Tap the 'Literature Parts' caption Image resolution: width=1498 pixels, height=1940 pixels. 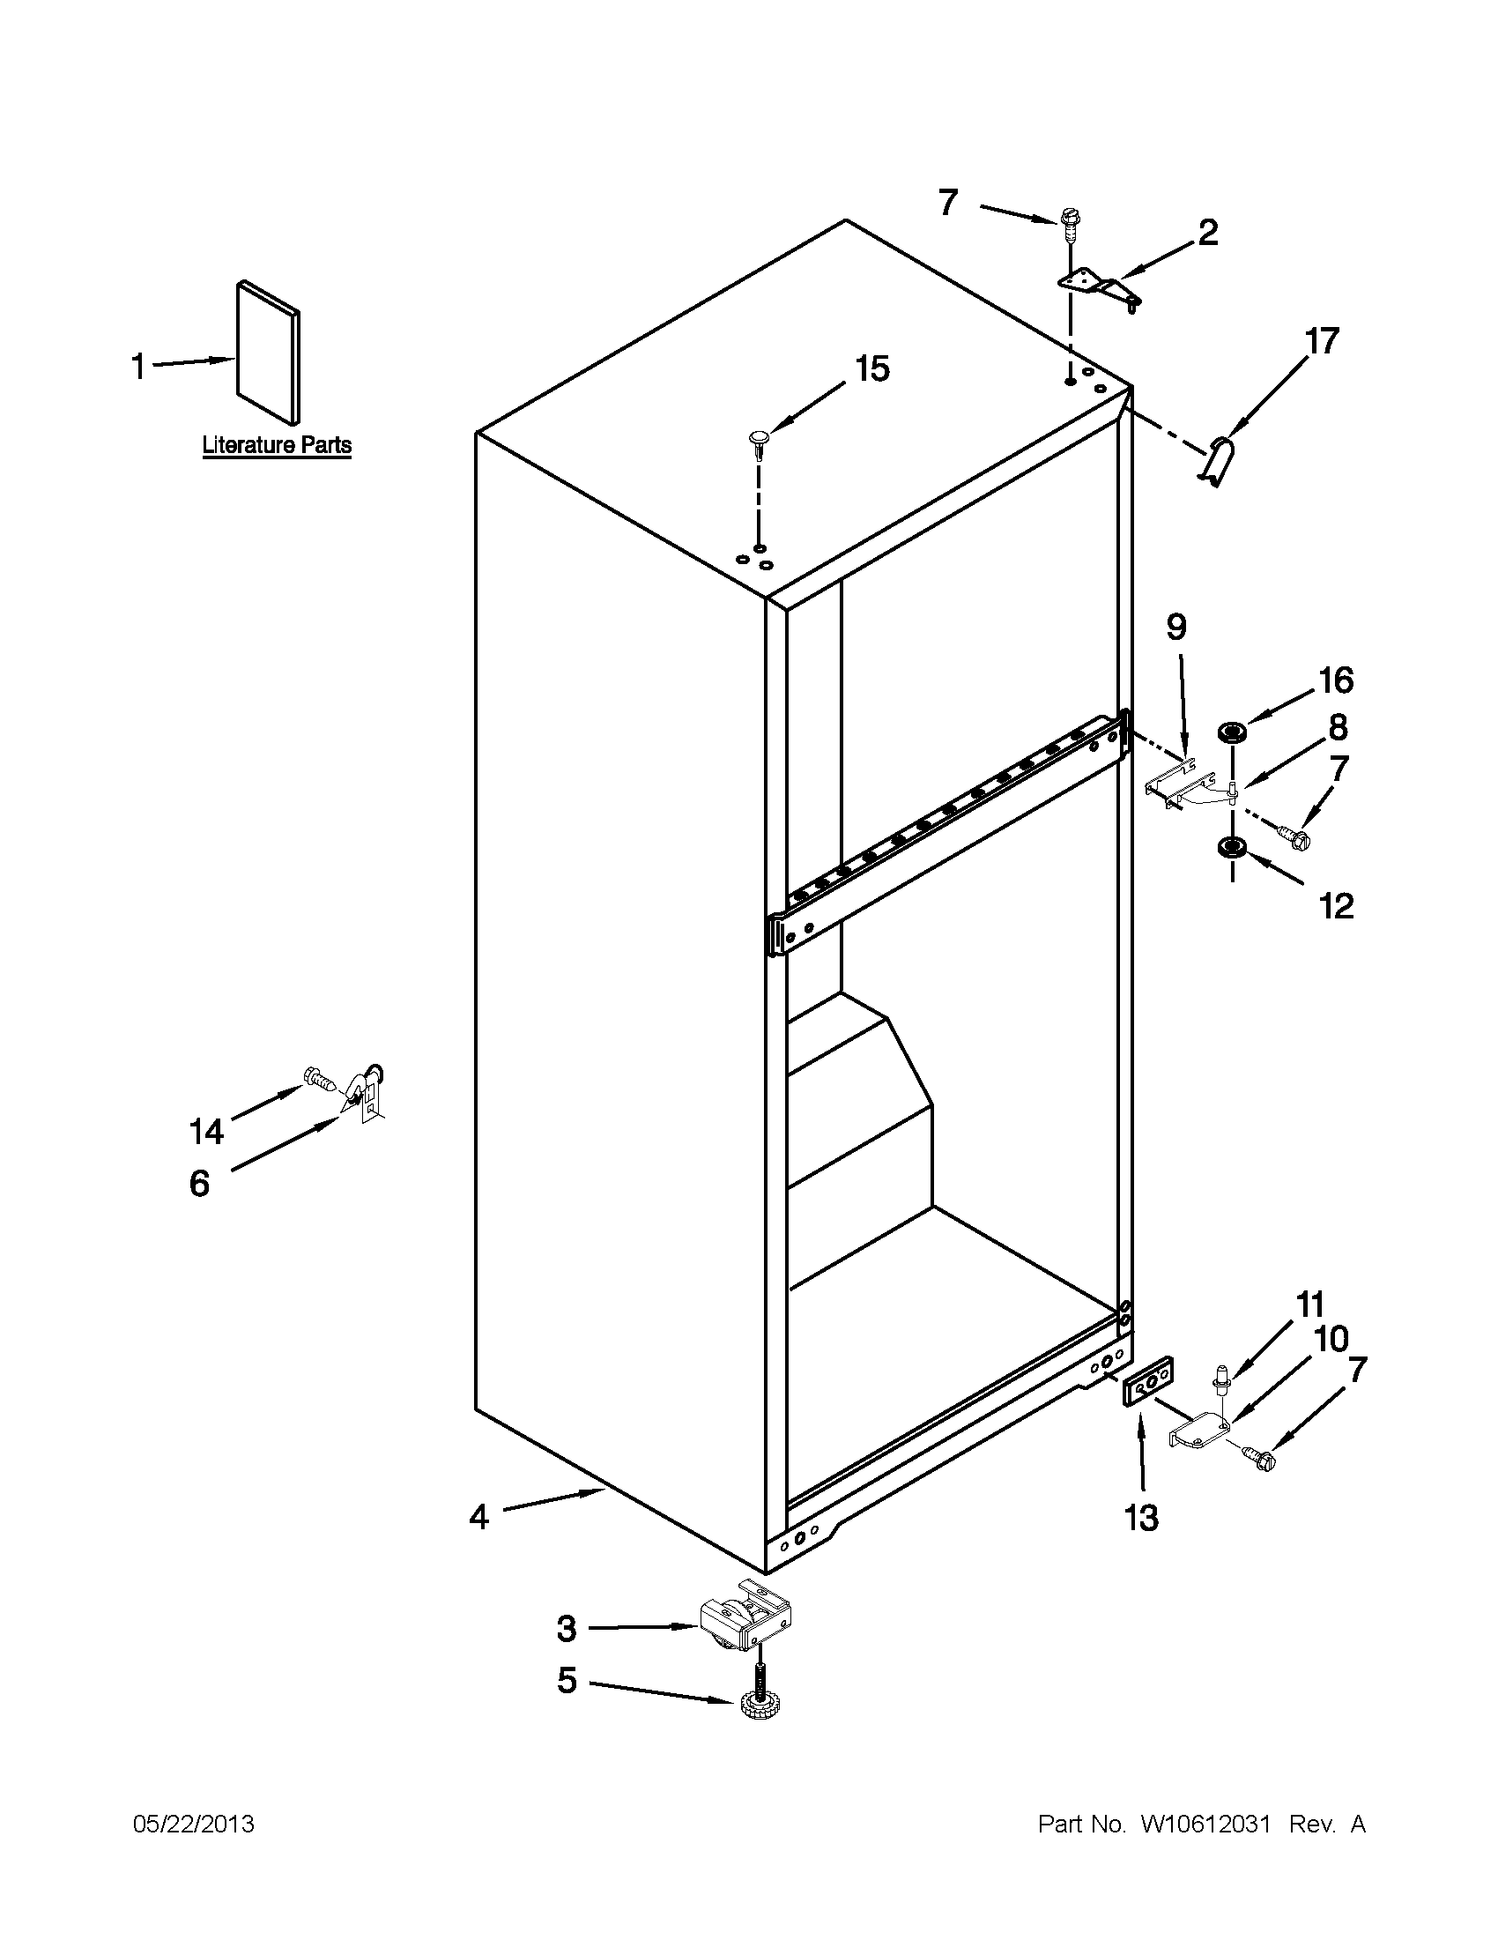277,445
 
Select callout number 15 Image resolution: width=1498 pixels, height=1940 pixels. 872,369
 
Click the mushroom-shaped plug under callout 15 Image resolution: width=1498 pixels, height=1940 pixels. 760,442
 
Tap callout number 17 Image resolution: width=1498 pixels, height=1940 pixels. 1321,341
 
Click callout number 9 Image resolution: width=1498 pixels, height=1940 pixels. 1175,628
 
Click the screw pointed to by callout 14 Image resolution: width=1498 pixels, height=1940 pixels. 319,1079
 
